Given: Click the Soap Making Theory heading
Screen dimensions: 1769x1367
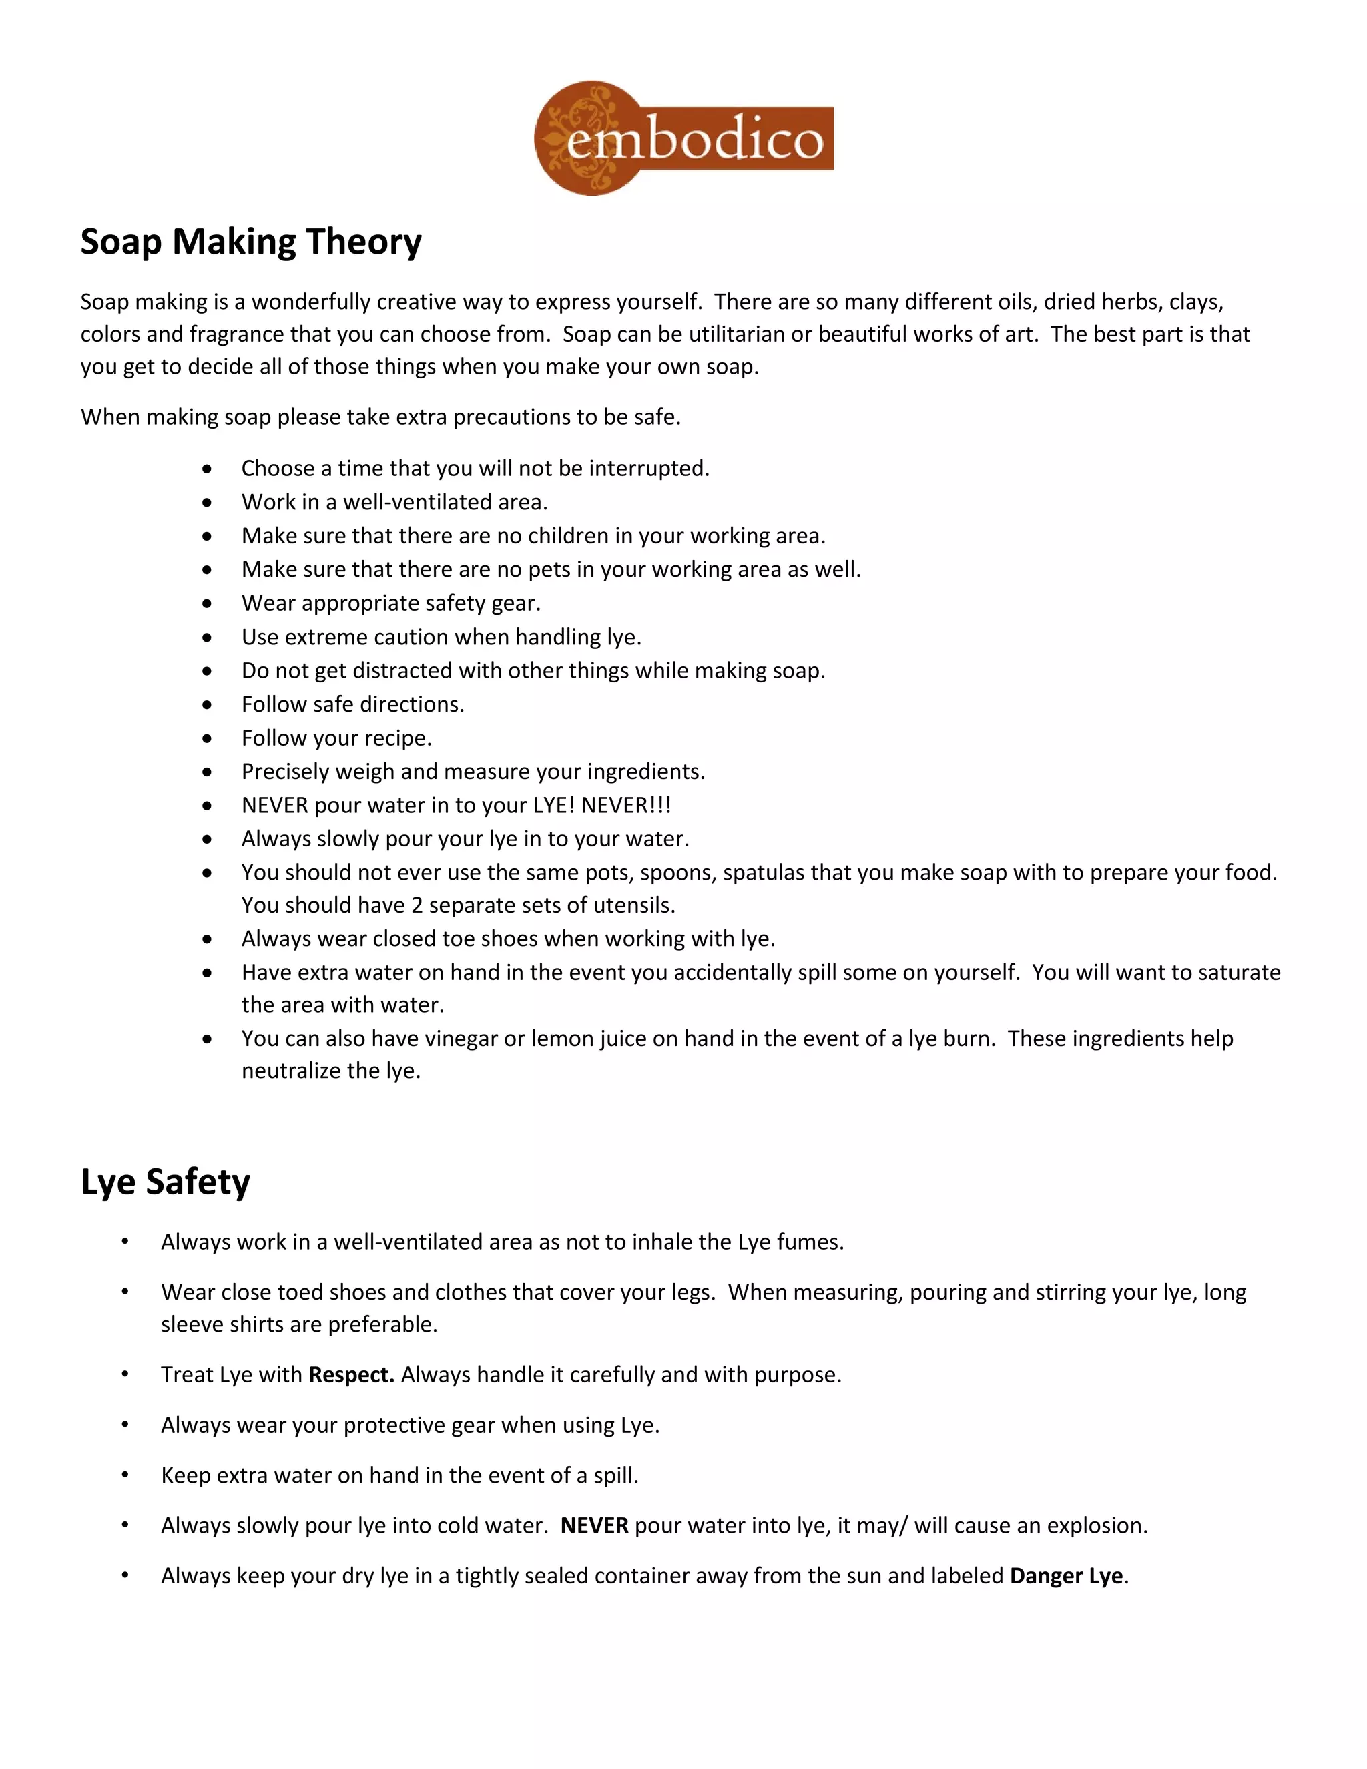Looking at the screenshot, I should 251,242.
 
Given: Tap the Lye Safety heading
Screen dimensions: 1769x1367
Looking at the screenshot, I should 166,1181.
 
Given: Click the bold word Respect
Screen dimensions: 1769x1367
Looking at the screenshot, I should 350,1374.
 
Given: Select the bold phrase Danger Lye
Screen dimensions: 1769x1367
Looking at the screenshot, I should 1066,1575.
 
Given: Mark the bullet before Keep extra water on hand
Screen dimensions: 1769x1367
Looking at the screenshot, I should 125,1475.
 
